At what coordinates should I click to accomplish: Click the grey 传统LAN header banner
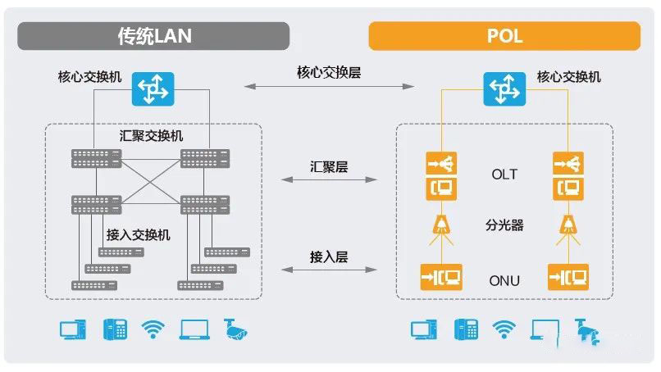pyautogui.click(x=155, y=36)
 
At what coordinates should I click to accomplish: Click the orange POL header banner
pyautogui.click(x=504, y=36)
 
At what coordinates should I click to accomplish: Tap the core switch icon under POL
pyautogui.click(x=504, y=88)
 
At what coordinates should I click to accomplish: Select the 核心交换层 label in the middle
pyautogui.click(x=329, y=71)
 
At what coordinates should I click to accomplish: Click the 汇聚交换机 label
pyautogui.click(x=152, y=135)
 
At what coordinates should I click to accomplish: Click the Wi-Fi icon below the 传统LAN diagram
pyautogui.click(x=153, y=329)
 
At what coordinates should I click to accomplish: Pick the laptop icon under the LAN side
pyautogui.click(x=194, y=329)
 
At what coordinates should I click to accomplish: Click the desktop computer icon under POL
pyautogui.click(x=423, y=329)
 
